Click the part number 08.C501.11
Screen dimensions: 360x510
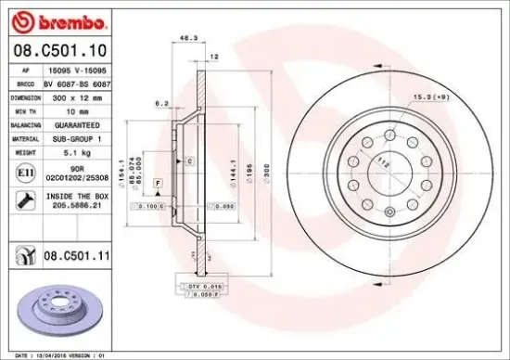coord(80,253)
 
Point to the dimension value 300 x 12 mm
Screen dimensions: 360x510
coord(74,96)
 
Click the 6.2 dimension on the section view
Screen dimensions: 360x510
coord(161,104)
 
